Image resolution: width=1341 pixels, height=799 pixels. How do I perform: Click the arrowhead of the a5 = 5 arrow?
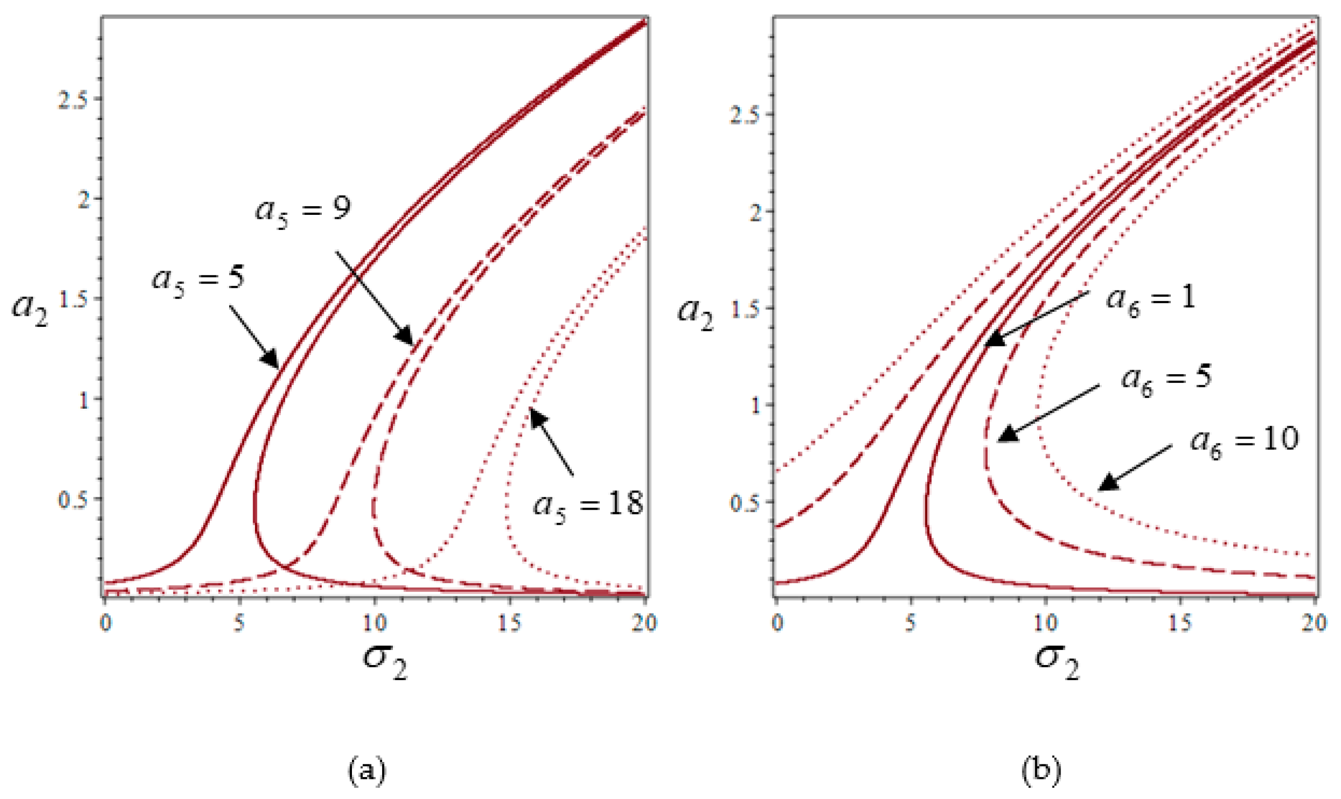click(269, 359)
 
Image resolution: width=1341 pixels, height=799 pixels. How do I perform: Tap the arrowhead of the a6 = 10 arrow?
click(1108, 482)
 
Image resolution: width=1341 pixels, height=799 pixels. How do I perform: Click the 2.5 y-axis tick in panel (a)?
click(72, 100)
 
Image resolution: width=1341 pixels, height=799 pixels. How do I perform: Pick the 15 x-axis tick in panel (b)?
click(1181, 623)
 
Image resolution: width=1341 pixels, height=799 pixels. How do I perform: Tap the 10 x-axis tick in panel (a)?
click(375, 623)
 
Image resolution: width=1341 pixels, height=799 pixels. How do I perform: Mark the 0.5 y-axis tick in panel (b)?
click(745, 503)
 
